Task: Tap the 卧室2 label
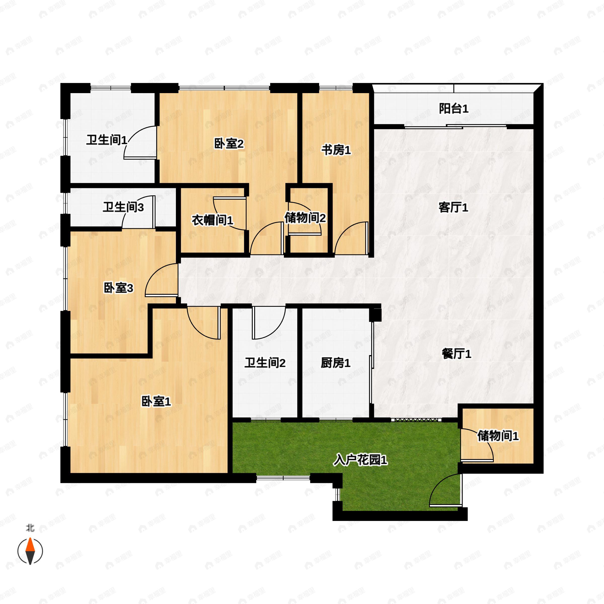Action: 229,144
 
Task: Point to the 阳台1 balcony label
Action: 453,108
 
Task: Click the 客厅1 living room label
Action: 453,207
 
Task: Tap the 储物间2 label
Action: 305,218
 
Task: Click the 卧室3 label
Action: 118,288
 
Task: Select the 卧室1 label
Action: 156,401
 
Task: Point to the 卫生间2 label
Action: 265,363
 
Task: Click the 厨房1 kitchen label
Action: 335,363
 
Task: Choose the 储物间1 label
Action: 498,436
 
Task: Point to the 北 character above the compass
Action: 30,528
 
